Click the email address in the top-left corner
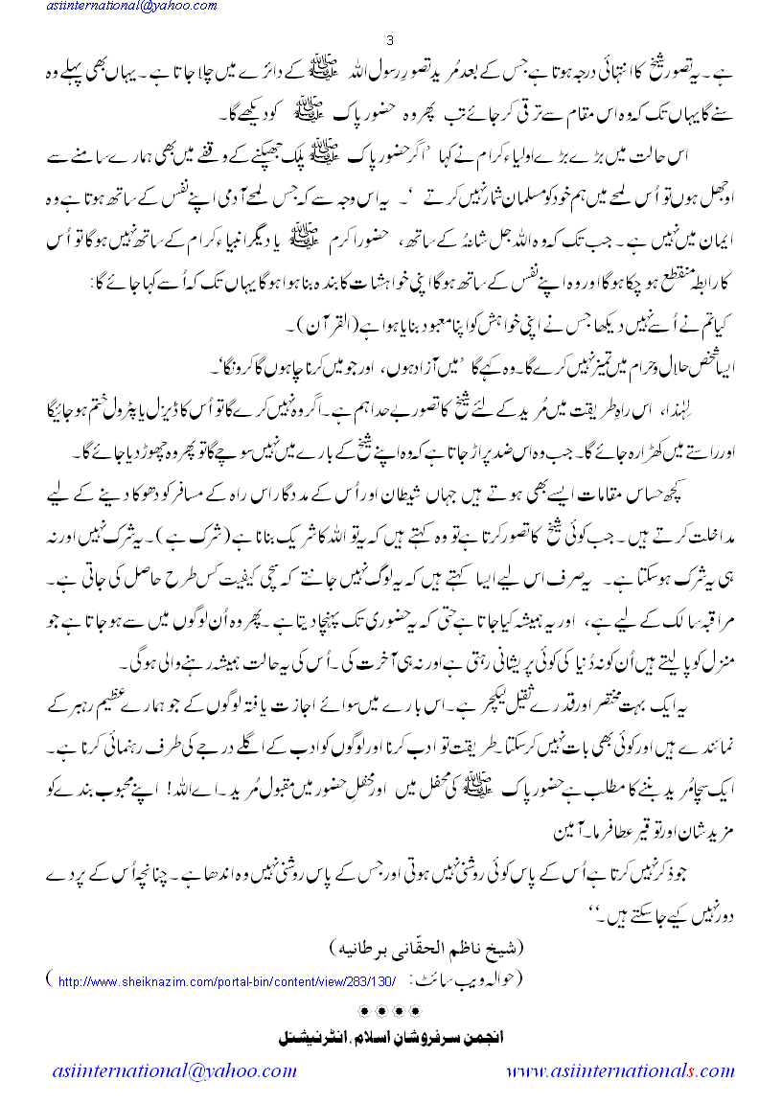coord(108,8)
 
